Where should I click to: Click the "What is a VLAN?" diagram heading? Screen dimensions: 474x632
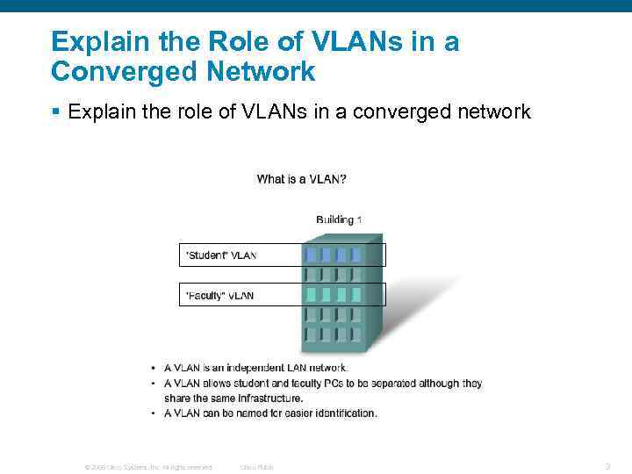(x=301, y=179)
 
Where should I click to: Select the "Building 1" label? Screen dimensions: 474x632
(x=339, y=219)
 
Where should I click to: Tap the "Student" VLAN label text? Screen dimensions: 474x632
(x=220, y=255)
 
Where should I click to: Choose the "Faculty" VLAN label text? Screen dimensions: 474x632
(x=219, y=296)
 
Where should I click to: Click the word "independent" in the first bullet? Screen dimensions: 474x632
(x=257, y=368)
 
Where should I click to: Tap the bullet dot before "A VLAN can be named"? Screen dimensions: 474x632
(x=154, y=413)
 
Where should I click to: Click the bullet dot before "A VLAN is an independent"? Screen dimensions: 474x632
(x=154, y=368)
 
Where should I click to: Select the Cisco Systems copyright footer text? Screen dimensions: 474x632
(x=147, y=467)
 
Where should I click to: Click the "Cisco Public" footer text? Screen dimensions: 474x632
(x=256, y=467)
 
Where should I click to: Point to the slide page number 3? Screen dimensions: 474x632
(x=607, y=466)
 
